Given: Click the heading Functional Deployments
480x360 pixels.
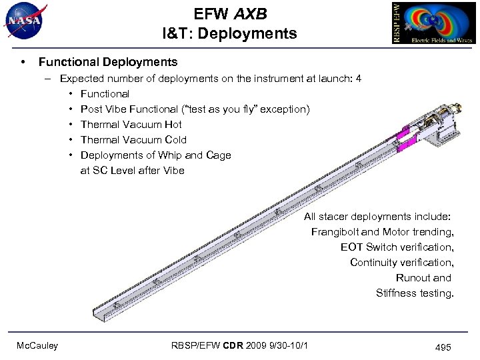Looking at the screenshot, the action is [x=108, y=62].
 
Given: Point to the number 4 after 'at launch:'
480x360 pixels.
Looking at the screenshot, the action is [x=359, y=79].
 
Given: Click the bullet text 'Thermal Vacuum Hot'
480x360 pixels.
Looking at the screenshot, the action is [x=131, y=125].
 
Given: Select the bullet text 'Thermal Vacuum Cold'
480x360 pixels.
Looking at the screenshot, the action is [x=133, y=140].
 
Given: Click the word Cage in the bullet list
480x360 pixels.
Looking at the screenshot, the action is [x=219, y=155].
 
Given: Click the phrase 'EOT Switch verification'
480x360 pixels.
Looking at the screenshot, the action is [x=397, y=247].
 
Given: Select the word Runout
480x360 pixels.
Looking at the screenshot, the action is [x=414, y=278].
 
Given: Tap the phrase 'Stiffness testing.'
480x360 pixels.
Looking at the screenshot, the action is [x=415, y=293].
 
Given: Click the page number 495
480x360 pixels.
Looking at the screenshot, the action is [x=443, y=347].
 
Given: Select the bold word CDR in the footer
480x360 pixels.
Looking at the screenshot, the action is [x=234, y=345].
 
